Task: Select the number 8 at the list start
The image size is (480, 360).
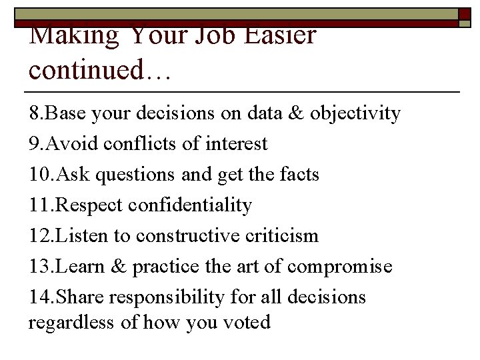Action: click(34, 114)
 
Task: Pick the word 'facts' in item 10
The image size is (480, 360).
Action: click(299, 175)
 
